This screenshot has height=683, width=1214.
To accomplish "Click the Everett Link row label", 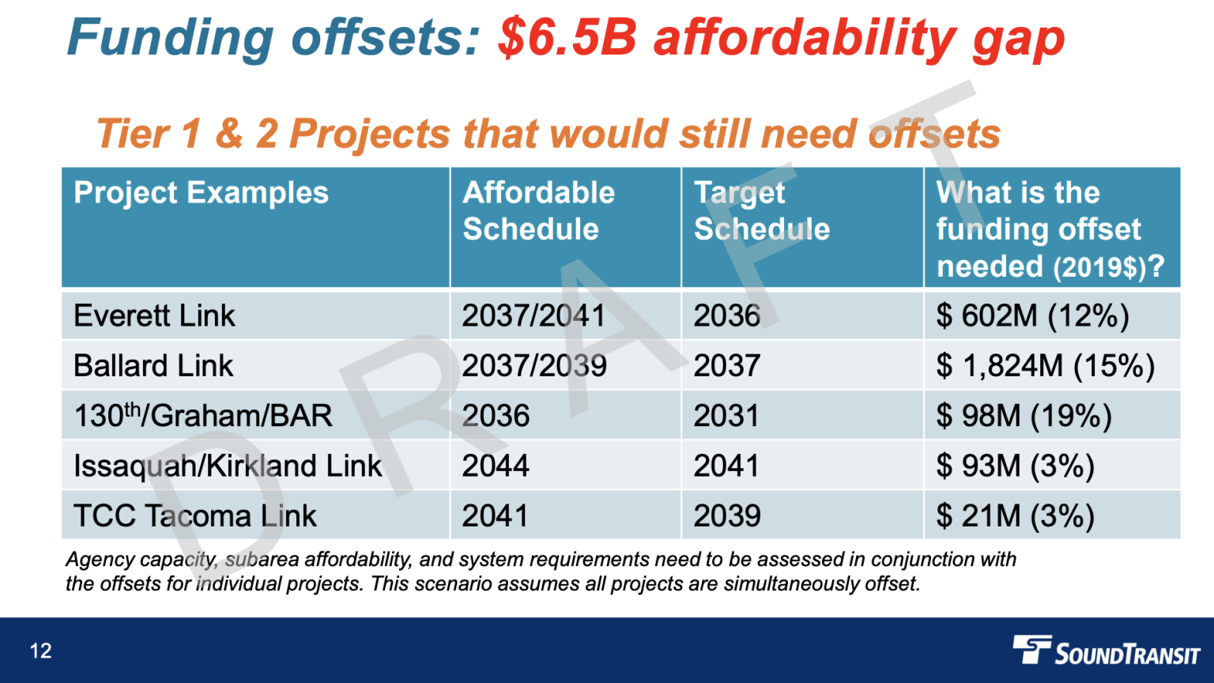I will [x=154, y=316].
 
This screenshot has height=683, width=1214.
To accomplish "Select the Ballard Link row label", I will [x=153, y=366].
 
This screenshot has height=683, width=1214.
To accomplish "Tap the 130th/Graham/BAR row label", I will [x=203, y=416].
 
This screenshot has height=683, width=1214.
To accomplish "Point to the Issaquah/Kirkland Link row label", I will [x=228, y=466].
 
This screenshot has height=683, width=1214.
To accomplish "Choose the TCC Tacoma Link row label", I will [x=194, y=516].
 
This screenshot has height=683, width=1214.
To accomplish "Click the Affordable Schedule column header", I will [x=538, y=211].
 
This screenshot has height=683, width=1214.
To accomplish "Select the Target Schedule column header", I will [x=761, y=211].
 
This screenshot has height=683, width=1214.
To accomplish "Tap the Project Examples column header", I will [x=201, y=193].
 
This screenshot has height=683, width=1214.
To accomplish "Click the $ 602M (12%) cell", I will [x=1032, y=316].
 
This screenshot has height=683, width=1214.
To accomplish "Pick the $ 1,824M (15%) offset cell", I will [x=1045, y=366].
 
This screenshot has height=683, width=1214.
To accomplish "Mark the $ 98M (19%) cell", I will [x=1024, y=416].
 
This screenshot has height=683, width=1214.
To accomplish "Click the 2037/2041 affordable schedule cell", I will [x=533, y=316].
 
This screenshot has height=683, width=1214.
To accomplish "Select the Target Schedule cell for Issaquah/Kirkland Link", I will [x=726, y=466].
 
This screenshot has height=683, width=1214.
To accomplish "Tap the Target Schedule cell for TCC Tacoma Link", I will [x=726, y=516].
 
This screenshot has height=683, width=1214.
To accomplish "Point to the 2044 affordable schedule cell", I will [x=496, y=466].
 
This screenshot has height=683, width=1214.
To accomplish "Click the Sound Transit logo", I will [x=1106, y=651].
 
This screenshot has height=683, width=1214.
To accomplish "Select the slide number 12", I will [x=40, y=651].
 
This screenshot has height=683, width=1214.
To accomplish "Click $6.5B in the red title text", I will [x=567, y=38].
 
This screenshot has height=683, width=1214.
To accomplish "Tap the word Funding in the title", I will [x=171, y=38].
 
